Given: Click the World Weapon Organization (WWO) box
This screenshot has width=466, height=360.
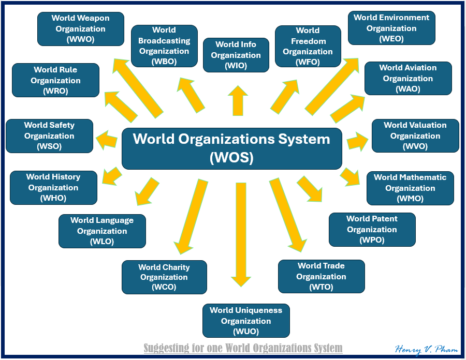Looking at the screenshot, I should tap(81, 29).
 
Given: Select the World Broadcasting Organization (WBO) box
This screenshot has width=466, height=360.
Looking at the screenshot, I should tap(164, 46).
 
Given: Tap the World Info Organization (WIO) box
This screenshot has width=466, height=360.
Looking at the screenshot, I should tap(236, 55).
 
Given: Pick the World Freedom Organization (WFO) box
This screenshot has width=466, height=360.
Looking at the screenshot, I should tap(308, 47).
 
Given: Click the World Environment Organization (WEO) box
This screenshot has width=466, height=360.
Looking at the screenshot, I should tap(391, 28).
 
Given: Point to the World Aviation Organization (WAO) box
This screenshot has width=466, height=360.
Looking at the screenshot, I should tap(408, 79).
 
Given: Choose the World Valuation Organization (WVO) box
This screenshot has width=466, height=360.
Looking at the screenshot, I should tap(415, 136).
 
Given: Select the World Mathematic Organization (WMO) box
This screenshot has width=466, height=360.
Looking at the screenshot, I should tap(410, 188).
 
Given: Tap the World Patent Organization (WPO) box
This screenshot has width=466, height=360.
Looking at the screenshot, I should tap(372, 230).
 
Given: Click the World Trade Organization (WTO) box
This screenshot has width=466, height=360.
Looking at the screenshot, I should tap(321, 277).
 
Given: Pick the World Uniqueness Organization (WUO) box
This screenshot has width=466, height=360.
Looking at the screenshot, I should tap(246, 321).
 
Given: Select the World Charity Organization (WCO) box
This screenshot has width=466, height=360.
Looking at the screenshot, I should tap(164, 277).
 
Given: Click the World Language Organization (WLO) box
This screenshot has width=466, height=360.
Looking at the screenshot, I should tap(102, 231).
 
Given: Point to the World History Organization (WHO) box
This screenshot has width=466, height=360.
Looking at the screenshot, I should tap(53, 188).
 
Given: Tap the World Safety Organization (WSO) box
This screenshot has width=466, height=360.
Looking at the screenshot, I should tap(49, 136).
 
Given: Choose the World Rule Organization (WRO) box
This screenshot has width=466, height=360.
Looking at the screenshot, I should tap(55, 80).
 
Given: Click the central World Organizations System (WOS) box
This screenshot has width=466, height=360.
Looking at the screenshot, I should tap(231, 148).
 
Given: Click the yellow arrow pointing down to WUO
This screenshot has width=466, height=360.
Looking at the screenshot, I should tap(241, 233).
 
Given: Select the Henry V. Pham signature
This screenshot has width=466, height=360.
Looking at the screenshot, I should tap(426, 349).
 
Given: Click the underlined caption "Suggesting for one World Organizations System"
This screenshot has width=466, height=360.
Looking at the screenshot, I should tap(243, 348).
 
